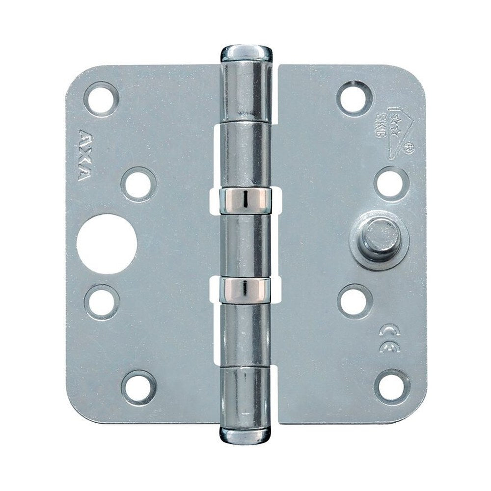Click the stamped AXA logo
(83, 155)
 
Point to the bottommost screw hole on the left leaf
(139, 388)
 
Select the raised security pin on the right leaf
(380, 238)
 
